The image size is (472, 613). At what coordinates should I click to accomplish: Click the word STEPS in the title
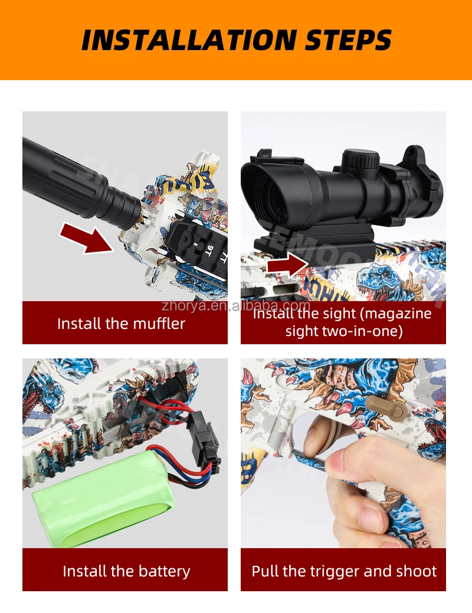(x=348, y=40)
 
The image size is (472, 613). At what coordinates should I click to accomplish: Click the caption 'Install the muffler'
(x=121, y=324)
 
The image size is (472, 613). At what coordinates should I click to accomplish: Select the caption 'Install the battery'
(x=126, y=571)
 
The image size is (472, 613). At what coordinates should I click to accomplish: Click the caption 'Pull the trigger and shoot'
(x=344, y=571)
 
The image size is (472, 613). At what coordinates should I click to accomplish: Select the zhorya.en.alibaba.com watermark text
(x=235, y=306)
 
